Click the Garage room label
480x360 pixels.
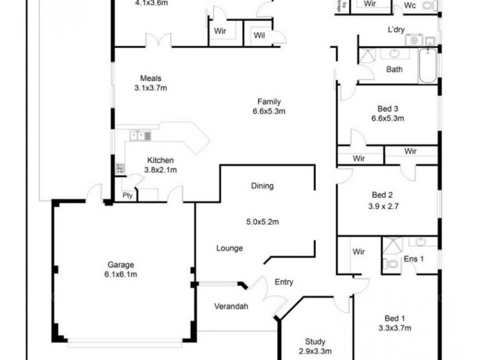pyautogui.click(x=121, y=265)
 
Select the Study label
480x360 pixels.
pyautogui.click(x=315, y=341)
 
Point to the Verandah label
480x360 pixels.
pyautogui.click(x=231, y=307)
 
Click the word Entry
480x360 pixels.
pyautogui.click(x=284, y=282)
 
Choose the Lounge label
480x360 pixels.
pyautogui.click(x=229, y=248)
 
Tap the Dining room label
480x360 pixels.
pyautogui.click(x=262, y=186)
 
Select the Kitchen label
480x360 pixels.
pyautogui.click(x=160, y=160)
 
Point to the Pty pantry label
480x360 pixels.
pyautogui.click(x=127, y=196)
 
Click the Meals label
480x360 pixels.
pyautogui.click(x=151, y=78)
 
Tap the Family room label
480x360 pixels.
pyautogui.click(x=269, y=101)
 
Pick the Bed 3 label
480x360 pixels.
pyautogui.click(x=388, y=109)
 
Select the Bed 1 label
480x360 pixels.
pyautogui.click(x=395, y=319)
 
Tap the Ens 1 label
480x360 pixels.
pyautogui.click(x=414, y=259)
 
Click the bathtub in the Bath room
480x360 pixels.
pyautogui.click(x=428, y=66)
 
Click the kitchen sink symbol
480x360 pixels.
pyautogui.click(x=140, y=136)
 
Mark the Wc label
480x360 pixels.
pyautogui.click(x=410, y=5)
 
